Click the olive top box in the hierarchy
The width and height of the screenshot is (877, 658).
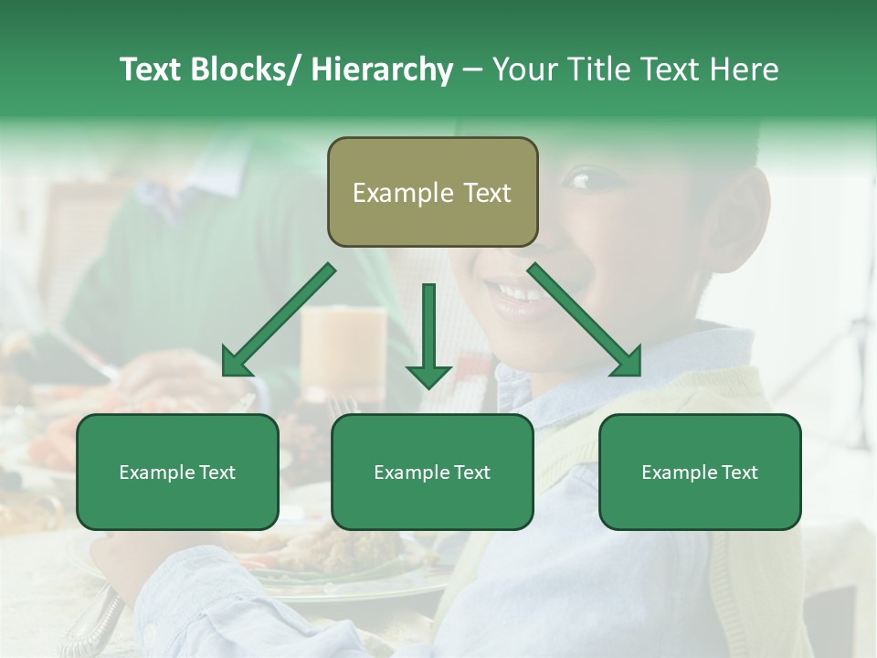(432, 192)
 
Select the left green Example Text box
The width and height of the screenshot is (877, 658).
(177, 472)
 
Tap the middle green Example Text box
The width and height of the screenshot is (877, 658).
(432, 472)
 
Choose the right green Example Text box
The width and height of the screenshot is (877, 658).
(700, 472)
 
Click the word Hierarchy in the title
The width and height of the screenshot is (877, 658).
(382, 69)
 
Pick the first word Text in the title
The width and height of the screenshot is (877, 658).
(152, 69)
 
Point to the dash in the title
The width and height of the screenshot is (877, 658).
(472, 69)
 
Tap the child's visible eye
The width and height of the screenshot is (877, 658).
(581, 179)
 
